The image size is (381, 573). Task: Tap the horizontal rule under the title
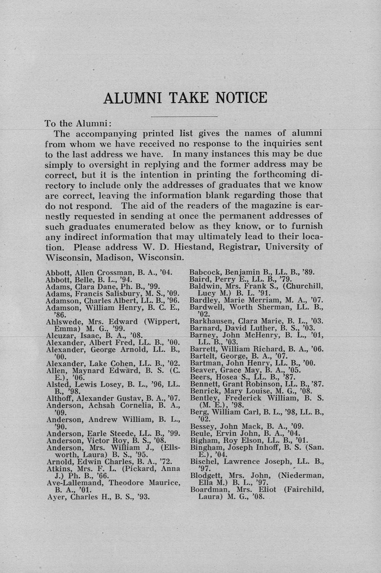tap(184, 116)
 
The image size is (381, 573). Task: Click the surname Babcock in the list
tap(205, 273)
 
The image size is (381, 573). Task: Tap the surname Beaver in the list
tap(202, 370)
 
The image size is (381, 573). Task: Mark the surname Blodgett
tap(205, 476)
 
